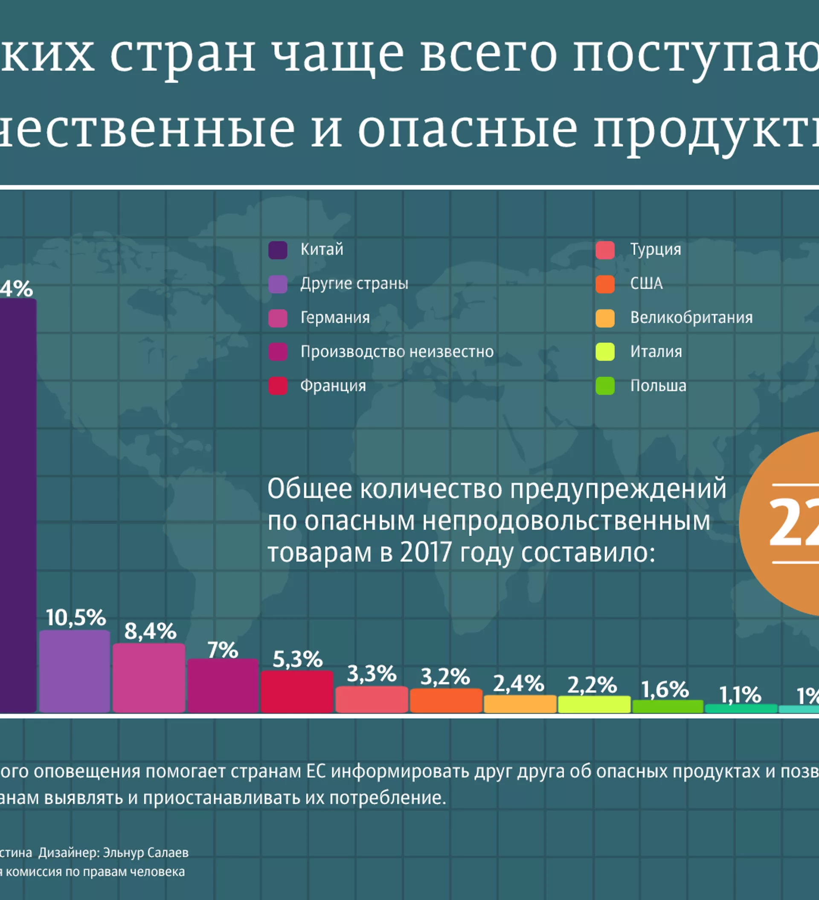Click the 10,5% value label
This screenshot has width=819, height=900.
click(x=76, y=618)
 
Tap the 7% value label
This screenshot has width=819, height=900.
click(x=223, y=650)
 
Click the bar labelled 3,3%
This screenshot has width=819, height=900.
click(x=372, y=699)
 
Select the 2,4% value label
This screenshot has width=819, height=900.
click(x=518, y=683)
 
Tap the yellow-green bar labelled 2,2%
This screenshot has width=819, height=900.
click(x=594, y=704)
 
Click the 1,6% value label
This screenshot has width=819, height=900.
click(x=665, y=690)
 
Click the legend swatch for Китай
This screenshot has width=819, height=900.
click(x=278, y=250)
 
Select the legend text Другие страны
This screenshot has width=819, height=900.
click(x=354, y=284)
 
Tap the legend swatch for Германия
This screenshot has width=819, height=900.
click(x=278, y=318)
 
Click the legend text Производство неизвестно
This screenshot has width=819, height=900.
click(x=397, y=352)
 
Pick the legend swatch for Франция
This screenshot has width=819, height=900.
click(x=278, y=386)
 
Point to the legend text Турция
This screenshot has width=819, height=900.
click(x=656, y=250)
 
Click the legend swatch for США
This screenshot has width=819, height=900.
click(x=605, y=285)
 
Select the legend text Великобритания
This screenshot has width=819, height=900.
click(x=691, y=318)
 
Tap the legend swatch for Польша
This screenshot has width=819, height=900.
click(x=605, y=386)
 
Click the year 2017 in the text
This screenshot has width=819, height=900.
click(x=426, y=553)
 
